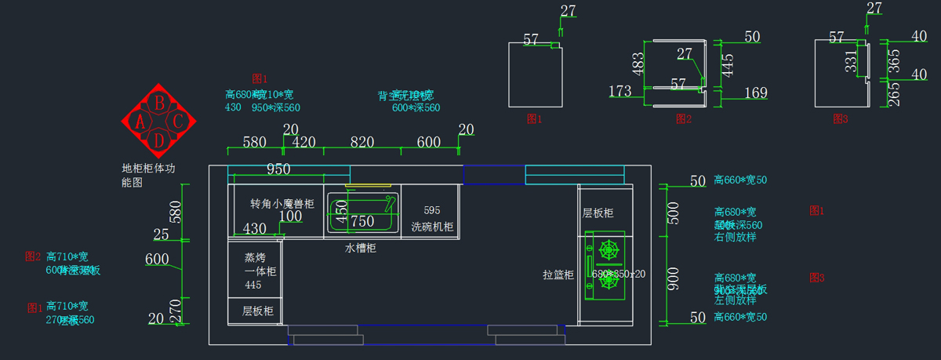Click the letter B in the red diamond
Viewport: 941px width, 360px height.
159,102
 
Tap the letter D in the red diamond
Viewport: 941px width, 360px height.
159,140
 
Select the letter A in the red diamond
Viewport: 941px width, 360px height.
140,122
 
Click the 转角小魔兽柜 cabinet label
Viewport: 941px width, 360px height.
282,204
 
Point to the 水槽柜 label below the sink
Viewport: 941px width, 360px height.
362,248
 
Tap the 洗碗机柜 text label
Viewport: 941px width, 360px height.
432,227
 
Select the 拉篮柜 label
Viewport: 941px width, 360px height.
559,275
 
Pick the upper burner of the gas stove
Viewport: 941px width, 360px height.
608,251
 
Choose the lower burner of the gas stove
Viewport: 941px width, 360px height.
608,283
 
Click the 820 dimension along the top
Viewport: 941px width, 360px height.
362,142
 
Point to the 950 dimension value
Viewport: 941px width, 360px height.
278,169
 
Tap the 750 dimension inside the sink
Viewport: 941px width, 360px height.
362,222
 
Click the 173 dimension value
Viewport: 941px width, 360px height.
619,92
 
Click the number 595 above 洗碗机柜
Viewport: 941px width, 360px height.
432,210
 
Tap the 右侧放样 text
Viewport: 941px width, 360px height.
735,236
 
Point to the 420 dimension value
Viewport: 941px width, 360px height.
303,142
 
